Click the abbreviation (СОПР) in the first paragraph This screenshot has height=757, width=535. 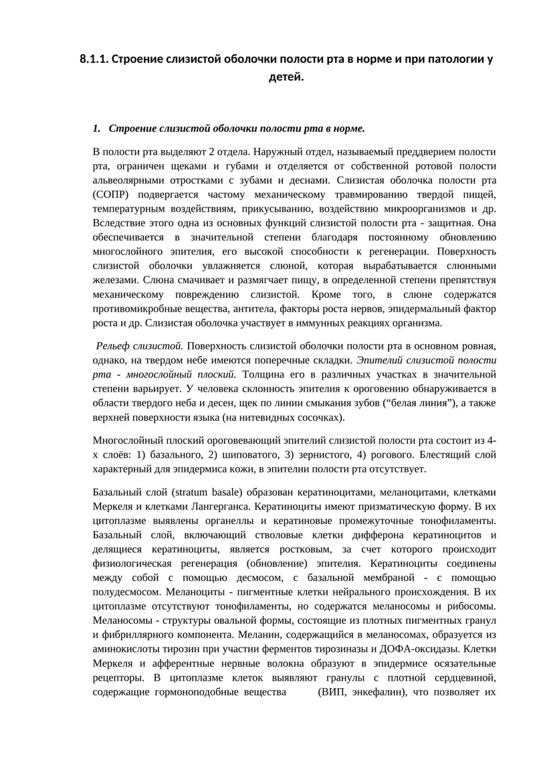(x=112, y=195)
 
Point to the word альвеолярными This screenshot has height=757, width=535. (x=129, y=181)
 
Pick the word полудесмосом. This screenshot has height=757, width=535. (x=130, y=592)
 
